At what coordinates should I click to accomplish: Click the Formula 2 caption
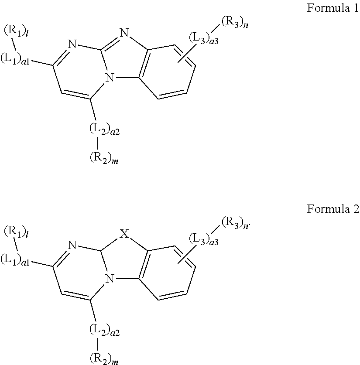(333, 209)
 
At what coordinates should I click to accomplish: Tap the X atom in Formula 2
(124, 235)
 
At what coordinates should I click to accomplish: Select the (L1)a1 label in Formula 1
(15, 58)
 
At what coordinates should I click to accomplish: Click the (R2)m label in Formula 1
(103, 159)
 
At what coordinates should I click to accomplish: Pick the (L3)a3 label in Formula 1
(203, 38)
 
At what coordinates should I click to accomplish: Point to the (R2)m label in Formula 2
(103, 359)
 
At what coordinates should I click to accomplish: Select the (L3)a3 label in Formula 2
(203, 239)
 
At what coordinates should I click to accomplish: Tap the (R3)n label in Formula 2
(235, 223)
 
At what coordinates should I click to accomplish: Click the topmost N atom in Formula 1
(124, 33)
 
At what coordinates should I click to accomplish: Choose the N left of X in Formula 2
(72, 246)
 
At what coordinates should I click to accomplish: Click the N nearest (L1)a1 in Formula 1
(72, 44)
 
